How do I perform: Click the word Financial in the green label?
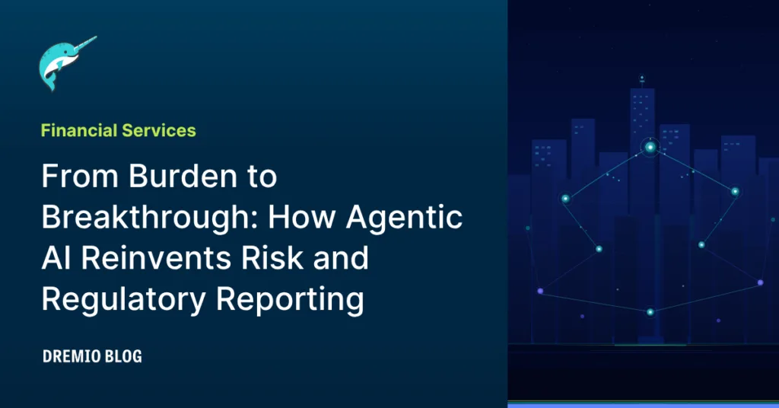tap(78, 130)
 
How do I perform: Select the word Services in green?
tap(159, 130)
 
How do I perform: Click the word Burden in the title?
tap(183, 176)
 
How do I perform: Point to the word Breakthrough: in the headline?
tap(150, 218)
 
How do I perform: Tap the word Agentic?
tap(404, 218)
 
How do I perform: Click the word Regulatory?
tap(123, 300)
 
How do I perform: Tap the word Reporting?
tap(290, 300)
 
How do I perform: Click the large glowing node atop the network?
tap(650, 147)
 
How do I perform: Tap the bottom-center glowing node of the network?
tap(650, 312)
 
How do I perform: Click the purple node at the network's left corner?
tap(541, 292)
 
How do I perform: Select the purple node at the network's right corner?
tap(760, 282)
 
